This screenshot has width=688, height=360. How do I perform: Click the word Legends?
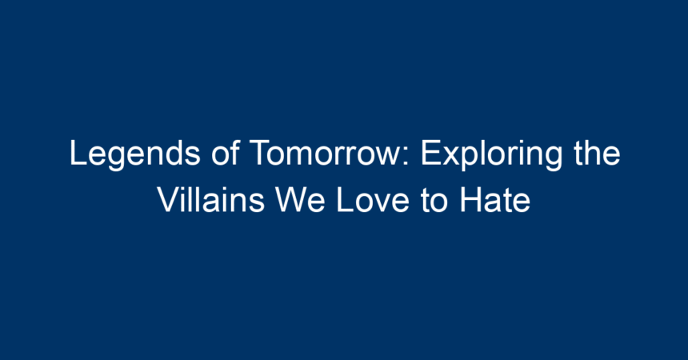pos(135,154)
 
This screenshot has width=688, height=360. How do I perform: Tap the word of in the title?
pos(225,152)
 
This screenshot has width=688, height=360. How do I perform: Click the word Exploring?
pos(491,154)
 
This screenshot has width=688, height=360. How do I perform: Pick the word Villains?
pos(211,200)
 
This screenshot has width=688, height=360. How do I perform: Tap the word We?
pos(301,200)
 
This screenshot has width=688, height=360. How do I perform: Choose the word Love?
pos(373,200)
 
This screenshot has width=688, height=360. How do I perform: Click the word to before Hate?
pos(434,201)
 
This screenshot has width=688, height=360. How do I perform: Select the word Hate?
pos(495,200)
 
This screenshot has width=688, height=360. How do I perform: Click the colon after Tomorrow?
pos(406,156)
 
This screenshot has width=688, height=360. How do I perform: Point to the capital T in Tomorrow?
pos(260,153)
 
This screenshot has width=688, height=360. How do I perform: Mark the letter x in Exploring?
pos(451,156)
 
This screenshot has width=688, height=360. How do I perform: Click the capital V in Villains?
pos(169,199)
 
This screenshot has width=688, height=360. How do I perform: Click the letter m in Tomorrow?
pos(306,156)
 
